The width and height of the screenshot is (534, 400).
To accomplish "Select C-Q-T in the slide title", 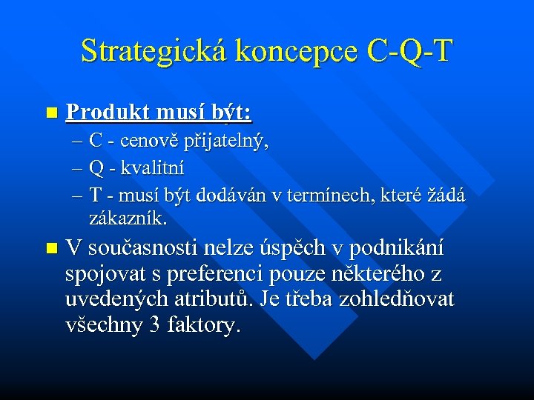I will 409,51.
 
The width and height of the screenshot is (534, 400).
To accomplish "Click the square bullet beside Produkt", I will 50,113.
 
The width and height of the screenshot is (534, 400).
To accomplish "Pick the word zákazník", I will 128,220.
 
